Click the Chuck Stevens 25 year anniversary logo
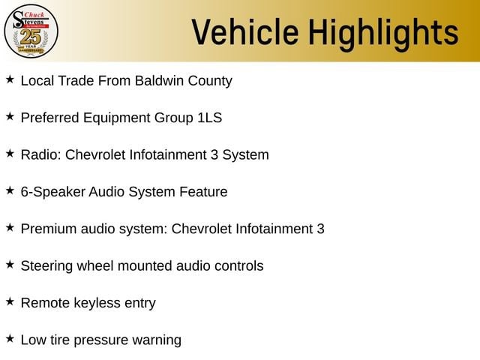click(31, 31)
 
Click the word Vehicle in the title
click(245, 31)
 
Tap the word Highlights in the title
click(383, 34)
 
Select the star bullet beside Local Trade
click(10, 79)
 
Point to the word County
click(210, 82)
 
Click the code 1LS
click(210, 118)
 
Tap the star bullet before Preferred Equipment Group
click(10, 116)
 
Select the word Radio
click(40, 154)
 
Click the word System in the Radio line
click(245, 155)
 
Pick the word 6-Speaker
click(53, 193)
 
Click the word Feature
click(203, 192)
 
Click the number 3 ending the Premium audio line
click(320, 229)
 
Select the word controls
click(239, 266)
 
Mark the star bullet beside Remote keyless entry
click(10, 301)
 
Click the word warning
click(157, 340)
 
